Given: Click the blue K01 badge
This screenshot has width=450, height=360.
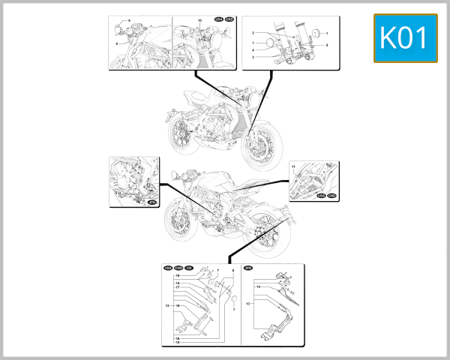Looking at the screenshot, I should (405, 38).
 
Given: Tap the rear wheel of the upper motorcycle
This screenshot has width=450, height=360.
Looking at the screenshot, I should (181, 133).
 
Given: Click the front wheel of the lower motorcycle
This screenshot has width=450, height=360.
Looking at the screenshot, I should (178, 226).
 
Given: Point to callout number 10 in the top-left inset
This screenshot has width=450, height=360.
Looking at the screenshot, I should (199, 19).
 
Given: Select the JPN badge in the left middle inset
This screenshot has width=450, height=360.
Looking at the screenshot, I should (151, 202).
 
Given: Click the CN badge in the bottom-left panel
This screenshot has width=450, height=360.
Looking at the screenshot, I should (189, 267).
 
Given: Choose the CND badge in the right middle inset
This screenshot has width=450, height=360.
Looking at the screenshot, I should (331, 195).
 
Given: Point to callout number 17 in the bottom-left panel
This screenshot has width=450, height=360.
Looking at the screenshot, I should (178, 288).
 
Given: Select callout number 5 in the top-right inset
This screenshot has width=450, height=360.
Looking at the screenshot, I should (327, 46).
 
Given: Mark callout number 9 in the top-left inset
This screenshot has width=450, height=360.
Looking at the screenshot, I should (117, 44).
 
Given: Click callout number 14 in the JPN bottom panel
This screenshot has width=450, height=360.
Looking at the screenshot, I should (258, 287).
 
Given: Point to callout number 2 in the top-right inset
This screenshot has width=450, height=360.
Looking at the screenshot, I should (253, 34).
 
